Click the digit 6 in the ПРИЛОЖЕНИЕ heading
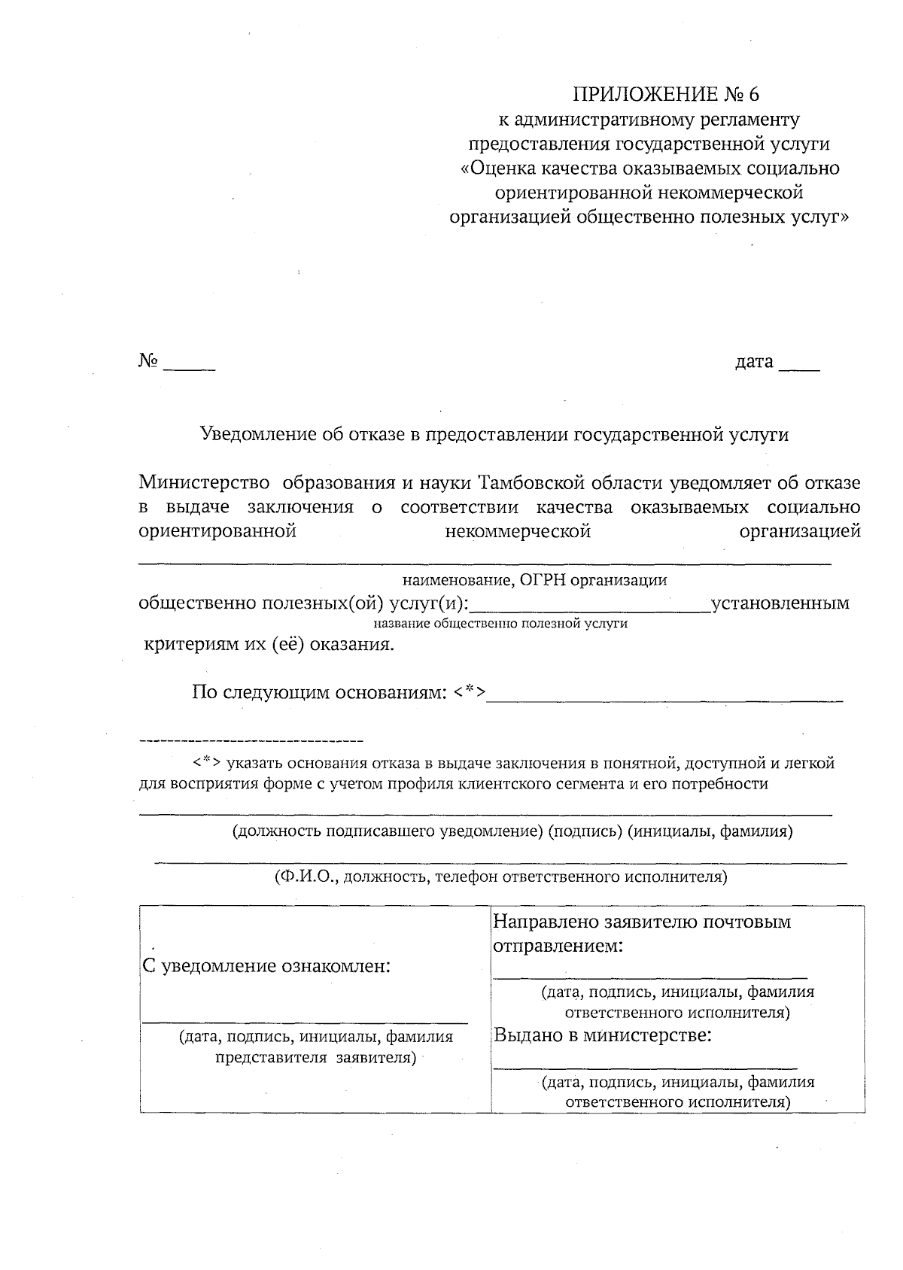coord(754,94)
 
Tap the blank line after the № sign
coord(189,369)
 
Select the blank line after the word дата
coord(799,369)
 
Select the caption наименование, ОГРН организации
coord(534,580)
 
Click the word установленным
coord(780,603)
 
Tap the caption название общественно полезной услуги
coord(500,624)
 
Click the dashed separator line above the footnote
coord(251,741)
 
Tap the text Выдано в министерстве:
coord(603,1035)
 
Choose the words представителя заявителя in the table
coord(316,1058)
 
